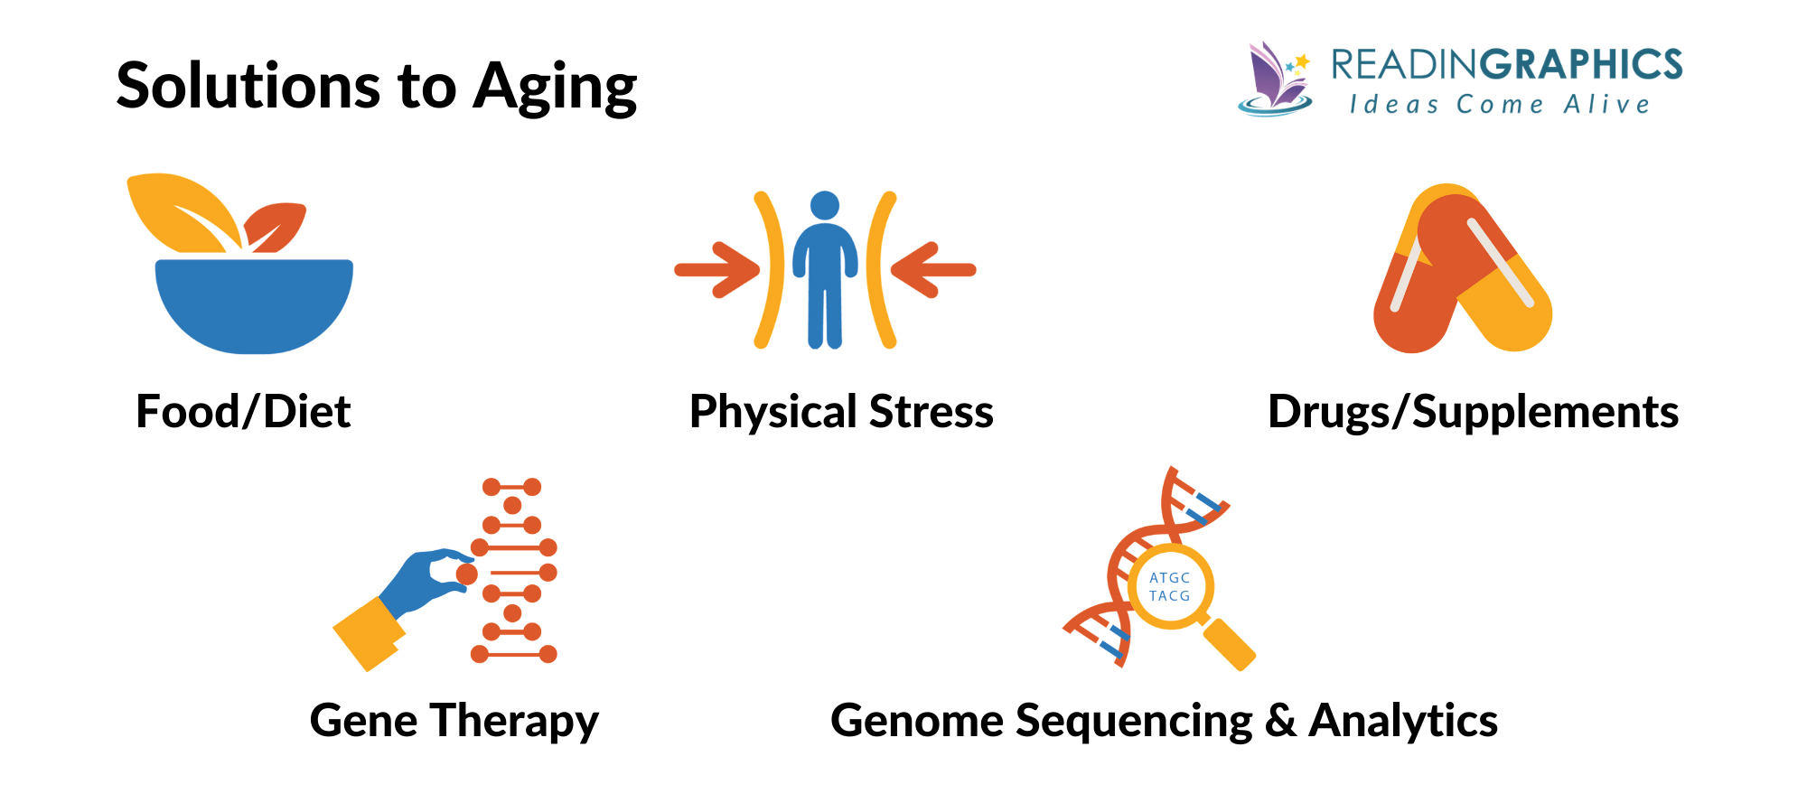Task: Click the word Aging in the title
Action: click(x=555, y=89)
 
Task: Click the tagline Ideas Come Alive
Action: click(x=1500, y=105)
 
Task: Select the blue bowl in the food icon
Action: click(x=254, y=303)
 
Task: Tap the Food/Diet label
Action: click(x=243, y=412)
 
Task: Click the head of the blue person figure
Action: click(x=825, y=205)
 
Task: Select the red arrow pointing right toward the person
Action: click(x=717, y=269)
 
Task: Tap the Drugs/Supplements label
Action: click(x=1473, y=412)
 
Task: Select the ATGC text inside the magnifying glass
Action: click(x=1169, y=578)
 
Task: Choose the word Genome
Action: click(x=916, y=721)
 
